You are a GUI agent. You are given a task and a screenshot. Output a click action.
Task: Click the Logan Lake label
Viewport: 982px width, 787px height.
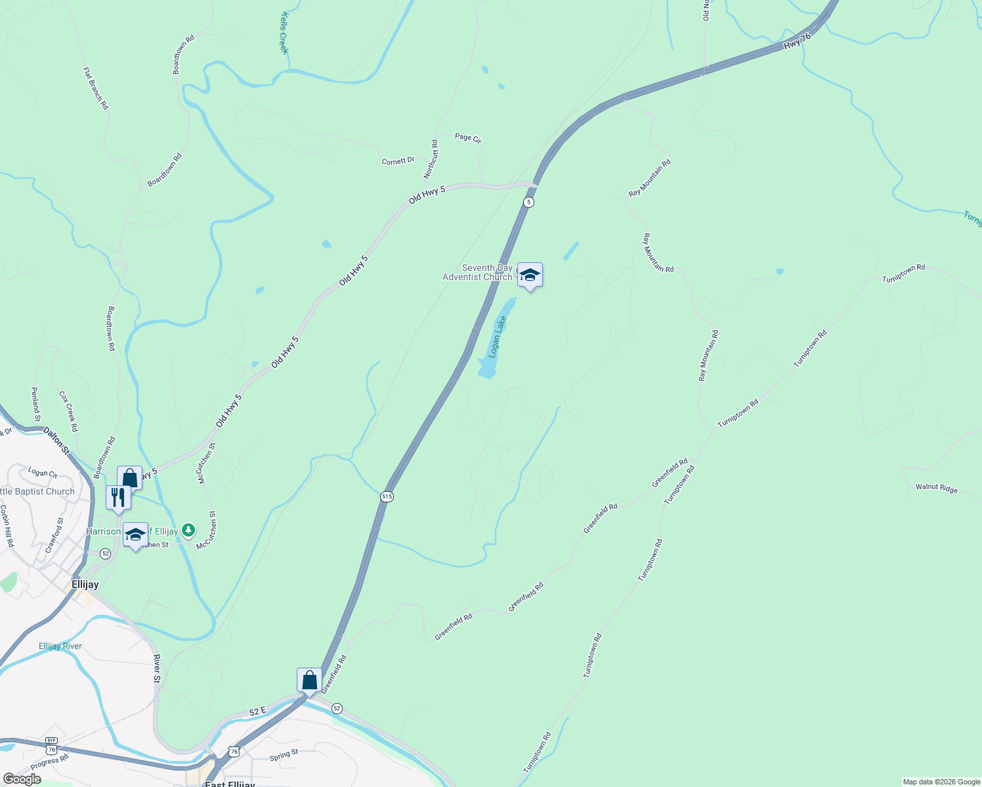click(x=498, y=336)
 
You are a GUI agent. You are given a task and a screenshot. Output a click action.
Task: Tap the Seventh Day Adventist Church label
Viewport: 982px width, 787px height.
click(x=477, y=273)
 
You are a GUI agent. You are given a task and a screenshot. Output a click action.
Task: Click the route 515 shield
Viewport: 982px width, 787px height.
click(x=387, y=496)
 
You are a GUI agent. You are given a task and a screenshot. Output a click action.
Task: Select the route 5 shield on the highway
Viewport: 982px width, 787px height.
click(x=528, y=202)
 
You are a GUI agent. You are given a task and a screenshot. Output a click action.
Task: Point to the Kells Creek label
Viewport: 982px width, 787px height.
click(x=285, y=32)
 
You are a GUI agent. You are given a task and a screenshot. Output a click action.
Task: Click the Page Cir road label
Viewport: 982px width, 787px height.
click(x=468, y=138)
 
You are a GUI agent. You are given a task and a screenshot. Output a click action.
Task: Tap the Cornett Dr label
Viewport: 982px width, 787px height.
click(x=398, y=161)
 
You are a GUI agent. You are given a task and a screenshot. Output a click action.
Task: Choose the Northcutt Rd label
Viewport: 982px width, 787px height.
click(x=431, y=159)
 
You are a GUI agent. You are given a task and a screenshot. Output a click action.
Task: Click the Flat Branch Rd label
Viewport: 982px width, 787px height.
click(x=96, y=88)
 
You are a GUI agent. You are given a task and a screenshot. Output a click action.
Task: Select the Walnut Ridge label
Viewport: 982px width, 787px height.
click(x=937, y=488)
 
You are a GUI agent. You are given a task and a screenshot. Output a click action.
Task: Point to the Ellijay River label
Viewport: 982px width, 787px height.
click(x=60, y=646)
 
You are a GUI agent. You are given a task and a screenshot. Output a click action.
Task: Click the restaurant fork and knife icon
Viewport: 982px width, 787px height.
click(x=118, y=496)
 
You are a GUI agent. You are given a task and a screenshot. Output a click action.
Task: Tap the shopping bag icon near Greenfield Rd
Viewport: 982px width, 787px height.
click(x=309, y=680)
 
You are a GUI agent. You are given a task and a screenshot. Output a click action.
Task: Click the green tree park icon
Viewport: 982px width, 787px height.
click(x=188, y=529)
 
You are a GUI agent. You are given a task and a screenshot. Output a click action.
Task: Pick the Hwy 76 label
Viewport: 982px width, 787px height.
click(x=798, y=41)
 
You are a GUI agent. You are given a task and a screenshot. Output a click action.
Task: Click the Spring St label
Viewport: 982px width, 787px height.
click(x=284, y=756)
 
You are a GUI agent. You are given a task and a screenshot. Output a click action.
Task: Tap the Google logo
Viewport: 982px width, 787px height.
click(x=22, y=779)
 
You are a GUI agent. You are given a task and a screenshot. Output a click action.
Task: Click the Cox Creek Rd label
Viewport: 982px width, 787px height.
click(x=68, y=411)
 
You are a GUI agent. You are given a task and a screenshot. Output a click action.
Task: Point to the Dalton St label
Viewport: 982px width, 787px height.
click(x=56, y=440)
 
